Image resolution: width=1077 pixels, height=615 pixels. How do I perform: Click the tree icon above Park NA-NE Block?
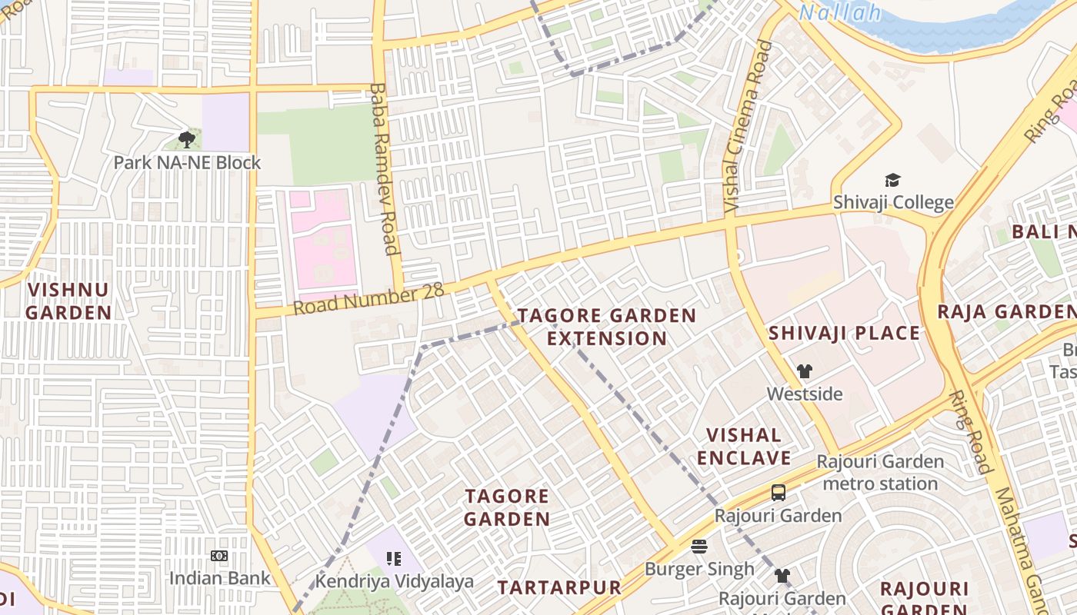pos(187,139)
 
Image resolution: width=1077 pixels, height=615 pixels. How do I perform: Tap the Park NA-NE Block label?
pos(187,163)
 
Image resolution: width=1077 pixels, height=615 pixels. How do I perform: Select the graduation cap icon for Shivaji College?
pos(892,180)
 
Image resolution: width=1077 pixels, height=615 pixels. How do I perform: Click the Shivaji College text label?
pos(893,203)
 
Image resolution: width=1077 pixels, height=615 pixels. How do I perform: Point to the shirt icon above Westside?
pos(805,371)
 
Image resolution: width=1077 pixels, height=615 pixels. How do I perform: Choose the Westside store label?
pos(805,394)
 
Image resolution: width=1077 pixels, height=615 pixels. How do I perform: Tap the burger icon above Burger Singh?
pos(699,547)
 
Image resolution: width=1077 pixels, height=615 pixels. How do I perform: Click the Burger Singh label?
pos(699,570)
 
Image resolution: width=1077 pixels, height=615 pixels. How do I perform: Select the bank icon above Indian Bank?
pos(219,556)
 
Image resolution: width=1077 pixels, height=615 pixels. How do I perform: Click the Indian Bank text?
pos(219,578)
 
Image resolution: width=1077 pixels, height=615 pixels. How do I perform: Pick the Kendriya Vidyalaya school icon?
pos(394,559)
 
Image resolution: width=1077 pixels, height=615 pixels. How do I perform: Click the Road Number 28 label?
pos(368,299)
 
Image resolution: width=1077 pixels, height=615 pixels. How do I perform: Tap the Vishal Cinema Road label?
pos(748,127)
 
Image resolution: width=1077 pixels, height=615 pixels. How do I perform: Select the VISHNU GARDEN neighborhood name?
pos(68,301)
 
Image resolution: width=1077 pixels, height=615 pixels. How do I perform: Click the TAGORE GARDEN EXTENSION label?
pos(607,327)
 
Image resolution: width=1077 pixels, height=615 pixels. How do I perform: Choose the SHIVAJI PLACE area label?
pos(844,333)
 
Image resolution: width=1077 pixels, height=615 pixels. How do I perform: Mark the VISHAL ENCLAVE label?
pos(744,447)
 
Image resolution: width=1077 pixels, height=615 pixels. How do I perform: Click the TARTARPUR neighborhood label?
pos(559,588)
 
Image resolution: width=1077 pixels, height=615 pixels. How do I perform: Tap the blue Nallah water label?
pos(840,12)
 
